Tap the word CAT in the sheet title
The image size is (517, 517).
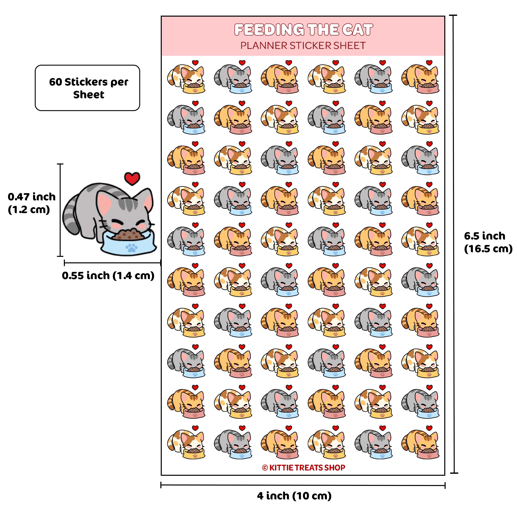[x=358, y=30]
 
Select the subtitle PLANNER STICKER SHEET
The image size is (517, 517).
[x=303, y=46]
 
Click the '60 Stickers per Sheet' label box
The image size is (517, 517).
[x=87, y=88]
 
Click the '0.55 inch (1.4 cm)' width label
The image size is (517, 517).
[x=108, y=276]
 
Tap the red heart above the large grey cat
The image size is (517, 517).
[x=132, y=178]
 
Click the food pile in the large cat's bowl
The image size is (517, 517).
[x=128, y=234]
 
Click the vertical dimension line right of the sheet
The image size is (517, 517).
[x=454, y=244]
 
